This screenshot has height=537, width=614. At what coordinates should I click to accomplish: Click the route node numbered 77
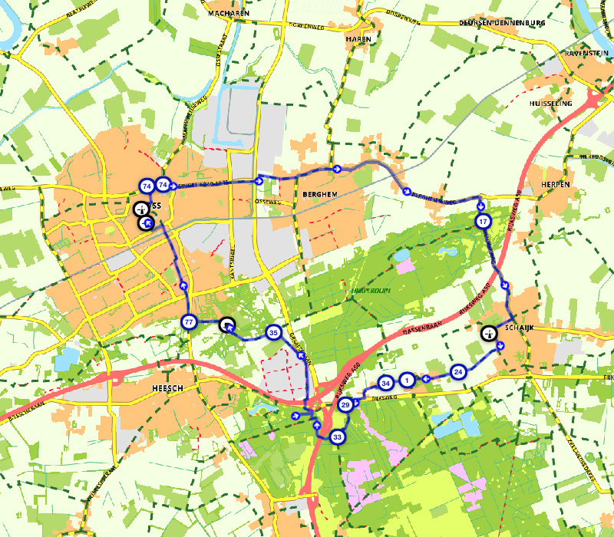[x=189, y=322]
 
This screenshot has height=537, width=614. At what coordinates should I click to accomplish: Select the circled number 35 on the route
[x=273, y=333]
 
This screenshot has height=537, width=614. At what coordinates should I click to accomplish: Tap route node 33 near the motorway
[x=338, y=437]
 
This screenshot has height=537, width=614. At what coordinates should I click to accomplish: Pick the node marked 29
[x=345, y=404]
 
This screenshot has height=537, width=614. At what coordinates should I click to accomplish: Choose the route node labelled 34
[x=386, y=383]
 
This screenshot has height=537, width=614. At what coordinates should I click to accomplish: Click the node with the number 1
[x=408, y=380]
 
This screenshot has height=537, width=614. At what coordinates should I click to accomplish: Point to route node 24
[x=458, y=371]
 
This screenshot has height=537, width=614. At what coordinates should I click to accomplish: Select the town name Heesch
[x=169, y=389]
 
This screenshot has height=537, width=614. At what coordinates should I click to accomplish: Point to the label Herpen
[x=555, y=185]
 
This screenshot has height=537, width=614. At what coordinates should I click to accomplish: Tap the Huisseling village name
[x=552, y=102]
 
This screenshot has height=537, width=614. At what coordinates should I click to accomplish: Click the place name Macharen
[x=229, y=14]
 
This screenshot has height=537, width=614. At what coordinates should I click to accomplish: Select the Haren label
[x=358, y=38]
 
